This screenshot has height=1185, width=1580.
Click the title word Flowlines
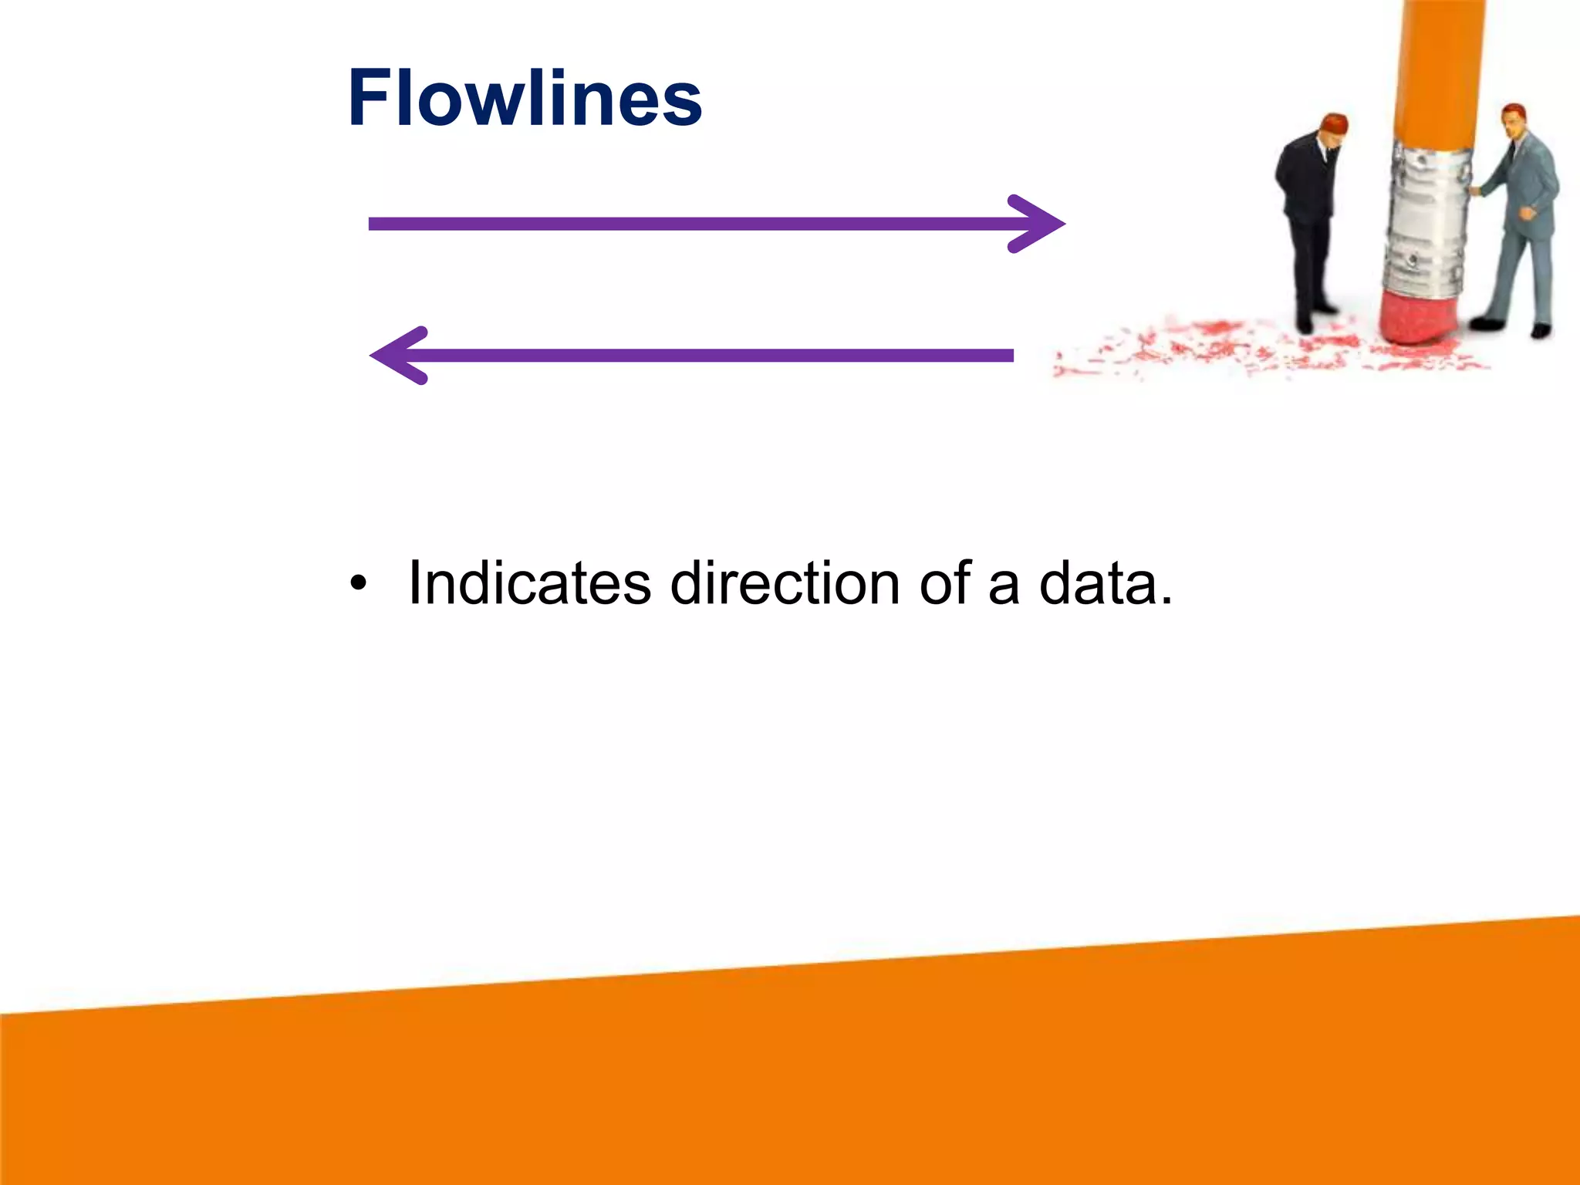(x=525, y=99)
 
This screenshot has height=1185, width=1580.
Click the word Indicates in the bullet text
(x=529, y=583)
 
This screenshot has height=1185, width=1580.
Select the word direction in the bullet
(x=785, y=583)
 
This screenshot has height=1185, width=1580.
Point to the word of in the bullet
(x=944, y=583)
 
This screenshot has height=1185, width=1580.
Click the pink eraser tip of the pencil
(x=1418, y=316)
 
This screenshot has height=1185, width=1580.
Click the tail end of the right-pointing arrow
(x=375, y=224)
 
